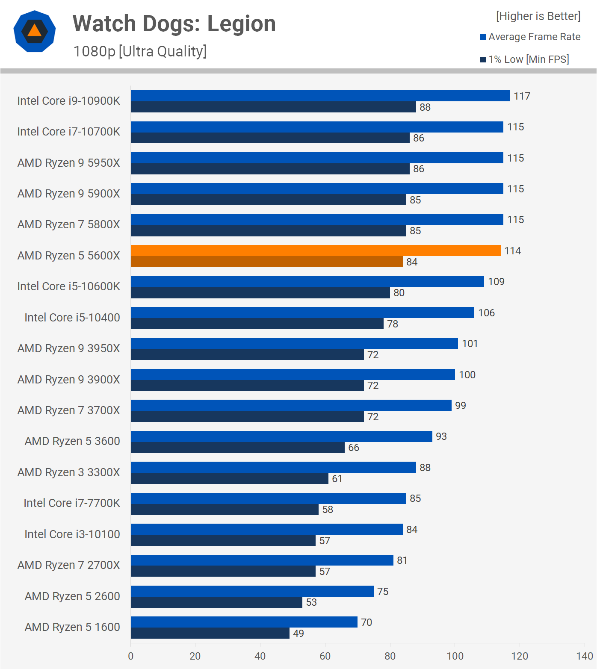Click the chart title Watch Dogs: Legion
coord(174,24)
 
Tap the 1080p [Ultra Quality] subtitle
coord(140,51)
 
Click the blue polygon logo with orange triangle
coord(35,31)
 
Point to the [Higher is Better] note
coord(538,16)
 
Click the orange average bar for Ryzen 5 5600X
coord(316,251)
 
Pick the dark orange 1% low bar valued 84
coord(267,262)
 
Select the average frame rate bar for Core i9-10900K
coord(320,96)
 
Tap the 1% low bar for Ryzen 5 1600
coord(210,633)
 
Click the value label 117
coord(522,96)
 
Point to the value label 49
coord(298,634)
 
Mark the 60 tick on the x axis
coord(325,656)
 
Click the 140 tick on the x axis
coord(584,656)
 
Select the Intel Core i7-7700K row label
coord(72,503)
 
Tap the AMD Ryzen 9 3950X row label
coord(68,348)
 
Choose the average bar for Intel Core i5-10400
coord(302,312)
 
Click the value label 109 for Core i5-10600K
coord(496,282)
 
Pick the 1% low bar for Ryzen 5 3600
coord(238,448)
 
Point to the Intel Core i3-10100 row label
coord(72,534)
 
